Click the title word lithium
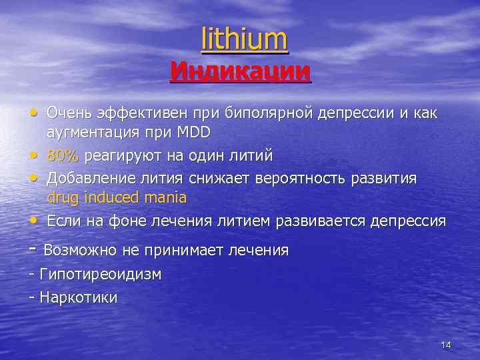point(245,39)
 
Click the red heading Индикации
point(240,71)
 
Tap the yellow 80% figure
point(63,156)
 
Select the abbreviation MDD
point(193,133)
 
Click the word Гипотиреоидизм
point(101,274)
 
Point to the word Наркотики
point(79,297)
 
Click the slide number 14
point(446,345)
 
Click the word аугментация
point(89,133)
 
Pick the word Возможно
point(79,251)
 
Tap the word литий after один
point(250,156)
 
